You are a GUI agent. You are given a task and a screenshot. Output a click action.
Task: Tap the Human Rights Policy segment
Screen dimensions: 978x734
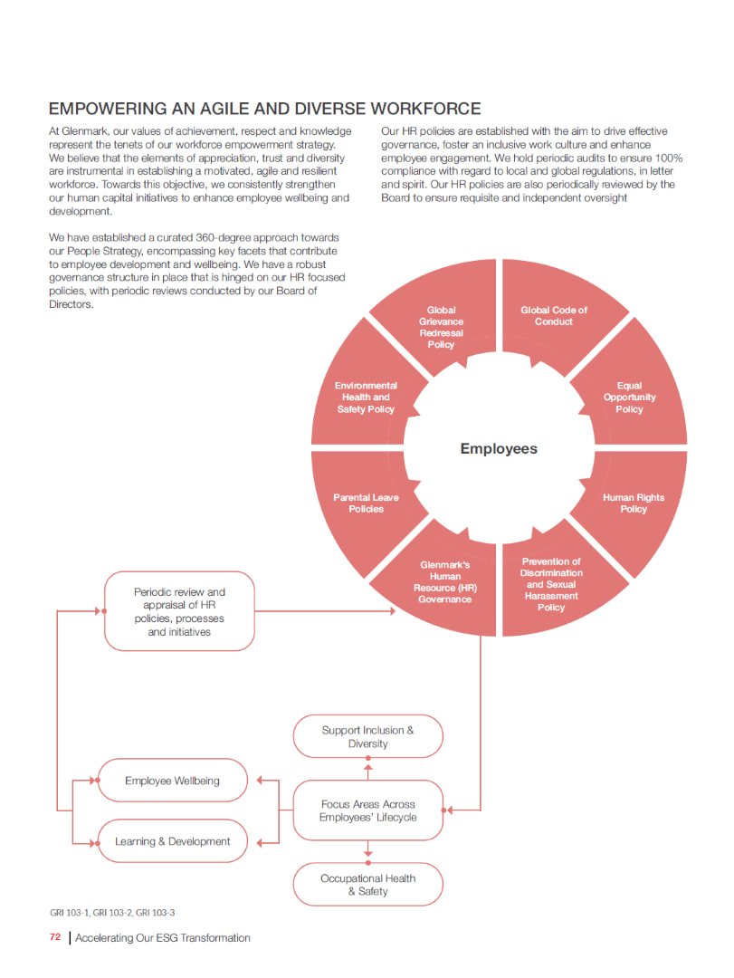[634, 503]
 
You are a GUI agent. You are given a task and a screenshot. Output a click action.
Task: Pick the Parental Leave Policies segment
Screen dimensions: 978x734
[366, 503]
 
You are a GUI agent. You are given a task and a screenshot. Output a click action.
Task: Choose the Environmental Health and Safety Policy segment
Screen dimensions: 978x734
[366, 398]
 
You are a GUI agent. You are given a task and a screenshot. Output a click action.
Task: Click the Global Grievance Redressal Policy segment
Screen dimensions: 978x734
[442, 327]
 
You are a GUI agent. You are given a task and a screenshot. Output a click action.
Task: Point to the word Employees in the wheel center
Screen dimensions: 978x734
[499, 449]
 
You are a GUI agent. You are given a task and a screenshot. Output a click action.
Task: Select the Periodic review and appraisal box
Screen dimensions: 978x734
[179, 611]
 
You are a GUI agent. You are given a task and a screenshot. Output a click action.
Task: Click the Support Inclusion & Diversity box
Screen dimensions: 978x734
[367, 736]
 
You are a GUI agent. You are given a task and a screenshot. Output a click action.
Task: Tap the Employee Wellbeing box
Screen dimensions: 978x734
[172, 781]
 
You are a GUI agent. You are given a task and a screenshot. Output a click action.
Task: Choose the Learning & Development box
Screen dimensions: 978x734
[172, 841]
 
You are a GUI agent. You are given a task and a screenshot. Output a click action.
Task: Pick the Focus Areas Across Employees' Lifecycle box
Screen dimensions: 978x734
[367, 810]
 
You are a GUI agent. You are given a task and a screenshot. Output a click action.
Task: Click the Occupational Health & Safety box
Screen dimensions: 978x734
[367, 885]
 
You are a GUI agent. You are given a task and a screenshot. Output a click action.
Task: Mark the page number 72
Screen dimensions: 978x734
[55, 937]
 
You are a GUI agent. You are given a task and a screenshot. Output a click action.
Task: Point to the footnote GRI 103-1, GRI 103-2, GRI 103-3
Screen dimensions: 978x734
[112, 912]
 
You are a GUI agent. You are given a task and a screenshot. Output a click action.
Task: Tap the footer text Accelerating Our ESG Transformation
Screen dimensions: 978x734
[163, 937]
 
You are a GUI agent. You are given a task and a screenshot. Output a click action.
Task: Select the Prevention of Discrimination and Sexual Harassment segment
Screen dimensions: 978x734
[551, 584]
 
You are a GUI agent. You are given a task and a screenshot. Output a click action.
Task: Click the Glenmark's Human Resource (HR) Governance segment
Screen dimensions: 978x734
[445, 582]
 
